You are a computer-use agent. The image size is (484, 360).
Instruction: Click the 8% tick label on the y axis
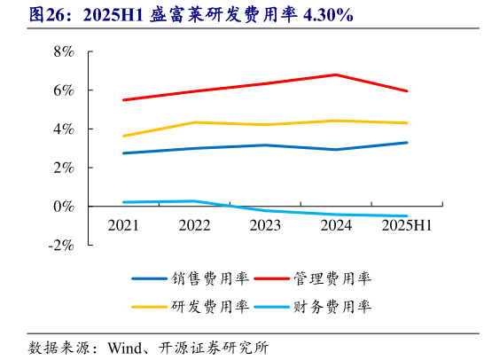click(x=65, y=51)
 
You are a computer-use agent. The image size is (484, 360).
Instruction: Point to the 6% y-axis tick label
click(x=65, y=90)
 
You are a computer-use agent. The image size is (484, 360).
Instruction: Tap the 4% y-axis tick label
click(x=65, y=129)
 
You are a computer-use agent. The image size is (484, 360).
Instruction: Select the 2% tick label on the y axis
click(x=65, y=168)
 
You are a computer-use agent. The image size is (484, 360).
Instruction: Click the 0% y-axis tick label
click(x=65, y=207)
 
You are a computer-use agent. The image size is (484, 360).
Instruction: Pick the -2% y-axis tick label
click(x=62, y=246)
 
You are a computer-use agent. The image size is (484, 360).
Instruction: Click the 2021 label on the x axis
click(x=123, y=226)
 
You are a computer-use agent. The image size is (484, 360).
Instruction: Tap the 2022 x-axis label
click(x=194, y=226)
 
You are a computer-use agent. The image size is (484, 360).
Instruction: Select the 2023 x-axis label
click(x=265, y=226)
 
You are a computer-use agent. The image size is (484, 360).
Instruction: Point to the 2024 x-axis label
click(x=336, y=226)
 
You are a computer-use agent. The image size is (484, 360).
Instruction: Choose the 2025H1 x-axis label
click(x=407, y=226)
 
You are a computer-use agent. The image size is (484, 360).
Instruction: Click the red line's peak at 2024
click(x=336, y=74)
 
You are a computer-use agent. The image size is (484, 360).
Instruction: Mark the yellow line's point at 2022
click(x=194, y=122)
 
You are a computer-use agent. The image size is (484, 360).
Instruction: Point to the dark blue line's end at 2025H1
click(x=407, y=143)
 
